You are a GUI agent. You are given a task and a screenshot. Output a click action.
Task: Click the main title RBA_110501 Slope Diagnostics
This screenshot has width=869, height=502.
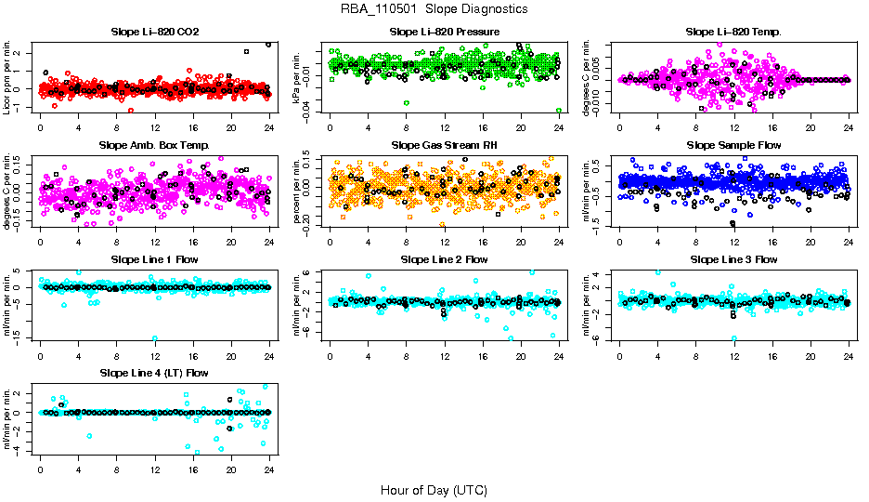pyautogui.click(x=434, y=8)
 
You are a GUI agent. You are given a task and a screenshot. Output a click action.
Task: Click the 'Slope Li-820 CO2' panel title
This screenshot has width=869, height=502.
pyautogui.click(x=154, y=32)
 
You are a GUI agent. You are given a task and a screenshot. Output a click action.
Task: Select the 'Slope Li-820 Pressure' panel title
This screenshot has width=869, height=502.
pyautogui.click(x=444, y=32)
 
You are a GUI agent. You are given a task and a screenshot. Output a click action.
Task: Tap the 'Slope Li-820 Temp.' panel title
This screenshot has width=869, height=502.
pyautogui.click(x=733, y=32)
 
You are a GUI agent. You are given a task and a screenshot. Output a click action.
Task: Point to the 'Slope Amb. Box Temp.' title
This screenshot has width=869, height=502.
pyautogui.click(x=154, y=145)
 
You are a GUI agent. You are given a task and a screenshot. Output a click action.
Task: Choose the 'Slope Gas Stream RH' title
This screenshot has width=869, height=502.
pyautogui.click(x=444, y=145)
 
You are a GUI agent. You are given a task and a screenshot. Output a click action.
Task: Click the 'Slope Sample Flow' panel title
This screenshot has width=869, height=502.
pyautogui.click(x=733, y=145)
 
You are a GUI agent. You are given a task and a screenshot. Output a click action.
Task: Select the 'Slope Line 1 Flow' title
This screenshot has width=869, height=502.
pyautogui.click(x=154, y=259)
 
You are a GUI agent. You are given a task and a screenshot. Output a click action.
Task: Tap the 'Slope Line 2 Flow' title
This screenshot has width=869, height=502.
pyautogui.click(x=444, y=259)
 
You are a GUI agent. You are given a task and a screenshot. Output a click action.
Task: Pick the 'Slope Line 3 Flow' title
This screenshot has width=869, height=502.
pyautogui.click(x=733, y=259)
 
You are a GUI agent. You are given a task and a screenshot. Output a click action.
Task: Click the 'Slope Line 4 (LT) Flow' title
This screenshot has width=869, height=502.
pyautogui.click(x=154, y=373)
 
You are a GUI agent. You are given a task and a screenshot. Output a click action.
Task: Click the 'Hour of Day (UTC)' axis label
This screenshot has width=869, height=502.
pyautogui.click(x=434, y=489)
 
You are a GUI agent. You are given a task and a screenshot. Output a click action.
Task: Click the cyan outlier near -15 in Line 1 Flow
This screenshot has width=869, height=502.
pyautogui.click(x=154, y=338)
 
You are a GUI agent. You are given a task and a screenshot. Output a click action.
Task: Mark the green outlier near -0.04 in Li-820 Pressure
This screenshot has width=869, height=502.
pyautogui.click(x=559, y=111)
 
